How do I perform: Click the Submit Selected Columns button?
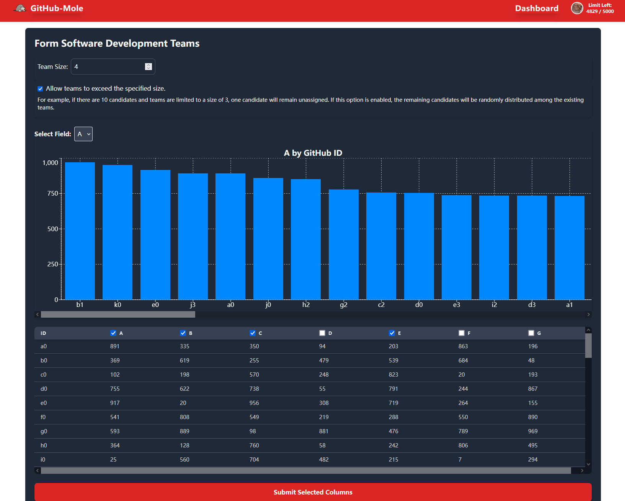tap(313, 492)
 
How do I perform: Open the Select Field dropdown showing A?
tap(83, 134)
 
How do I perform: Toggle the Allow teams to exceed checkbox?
tap(40, 89)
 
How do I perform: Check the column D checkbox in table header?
tap(322, 333)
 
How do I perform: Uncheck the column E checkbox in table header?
tap(392, 333)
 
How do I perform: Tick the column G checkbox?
tap(531, 333)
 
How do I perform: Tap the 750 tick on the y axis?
tap(52, 194)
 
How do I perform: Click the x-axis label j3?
tap(193, 305)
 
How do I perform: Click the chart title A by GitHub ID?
tap(313, 153)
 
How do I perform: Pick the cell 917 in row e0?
tap(115, 403)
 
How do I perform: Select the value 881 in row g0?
tap(324, 431)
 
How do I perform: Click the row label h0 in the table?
tap(44, 446)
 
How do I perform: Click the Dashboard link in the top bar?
tap(536, 8)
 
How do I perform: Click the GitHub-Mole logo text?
tap(57, 8)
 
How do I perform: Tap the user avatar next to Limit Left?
tap(577, 8)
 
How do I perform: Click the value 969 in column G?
tap(533, 431)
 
